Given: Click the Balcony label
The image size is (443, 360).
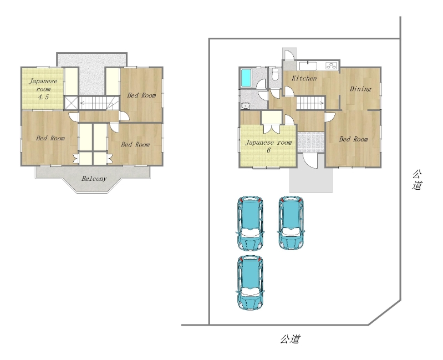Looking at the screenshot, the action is pyautogui.click(x=94, y=179).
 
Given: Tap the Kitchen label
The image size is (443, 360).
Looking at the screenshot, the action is pyautogui.click(x=304, y=78).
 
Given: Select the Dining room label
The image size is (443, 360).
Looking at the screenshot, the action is pyautogui.click(x=360, y=89).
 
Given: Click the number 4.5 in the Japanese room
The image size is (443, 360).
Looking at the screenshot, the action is pyautogui.click(x=43, y=97).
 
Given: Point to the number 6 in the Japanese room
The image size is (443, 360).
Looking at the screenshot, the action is pyautogui.click(x=268, y=150).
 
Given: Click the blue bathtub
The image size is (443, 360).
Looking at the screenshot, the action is pyautogui.click(x=246, y=78).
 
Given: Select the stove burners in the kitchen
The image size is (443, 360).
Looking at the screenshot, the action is pyautogui.click(x=332, y=65).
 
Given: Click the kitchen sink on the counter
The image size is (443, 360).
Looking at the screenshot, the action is pyautogui.click(x=308, y=66).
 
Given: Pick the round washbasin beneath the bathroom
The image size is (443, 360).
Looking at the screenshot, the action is pyautogui.click(x=246, y=106).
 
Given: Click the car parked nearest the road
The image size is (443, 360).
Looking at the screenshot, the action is pyautogui.click(x=250, y=282).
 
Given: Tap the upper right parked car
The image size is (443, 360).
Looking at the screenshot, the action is pyautogui.click(x=291, y=223).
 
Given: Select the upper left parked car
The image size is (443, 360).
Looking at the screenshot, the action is pyautogui.click(x=250, y=223).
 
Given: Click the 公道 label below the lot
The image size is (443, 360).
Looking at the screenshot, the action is pyautogui.click(x=290, y=339).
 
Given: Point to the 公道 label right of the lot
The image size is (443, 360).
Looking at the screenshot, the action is pyautogui.click(x=417, y=180).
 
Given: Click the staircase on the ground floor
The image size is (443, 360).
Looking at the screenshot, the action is pyautogui.click(x=310, y=103).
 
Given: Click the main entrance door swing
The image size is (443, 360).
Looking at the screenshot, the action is pyautogui.click(x=310, y=161).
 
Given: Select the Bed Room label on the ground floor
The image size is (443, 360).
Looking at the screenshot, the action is pyautogui.click(x=353, y=139).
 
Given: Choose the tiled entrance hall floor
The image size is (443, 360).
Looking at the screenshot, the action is pyautogui.click(x=311, y=142).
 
